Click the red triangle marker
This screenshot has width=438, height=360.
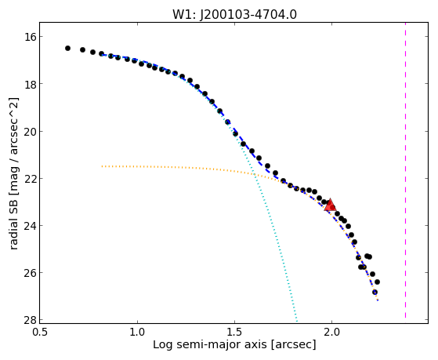330,205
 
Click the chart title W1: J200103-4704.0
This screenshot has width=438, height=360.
234,14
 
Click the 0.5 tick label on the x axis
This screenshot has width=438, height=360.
40,332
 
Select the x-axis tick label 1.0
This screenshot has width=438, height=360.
137,332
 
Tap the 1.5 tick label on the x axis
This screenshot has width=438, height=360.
234,332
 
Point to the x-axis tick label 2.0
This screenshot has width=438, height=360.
331,332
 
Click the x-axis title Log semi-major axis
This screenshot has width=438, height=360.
210,344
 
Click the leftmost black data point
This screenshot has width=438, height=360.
67,49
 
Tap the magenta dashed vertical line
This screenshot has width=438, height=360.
405,171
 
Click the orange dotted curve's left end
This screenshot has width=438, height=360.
102,166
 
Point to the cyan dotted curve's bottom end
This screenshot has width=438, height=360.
297,321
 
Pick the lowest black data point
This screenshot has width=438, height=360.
375,293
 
